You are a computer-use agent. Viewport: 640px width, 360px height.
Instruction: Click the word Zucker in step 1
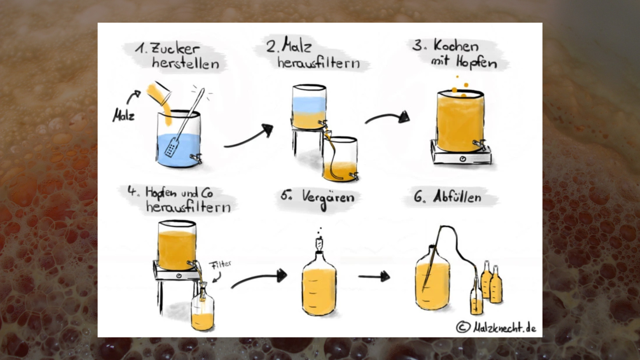tap(175, 49)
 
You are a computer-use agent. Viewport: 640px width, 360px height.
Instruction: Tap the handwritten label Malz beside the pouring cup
tap(123, 116)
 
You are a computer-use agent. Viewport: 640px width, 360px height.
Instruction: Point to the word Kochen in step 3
tap(456, 46)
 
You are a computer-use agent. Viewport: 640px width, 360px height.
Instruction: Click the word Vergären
tap(328, 198)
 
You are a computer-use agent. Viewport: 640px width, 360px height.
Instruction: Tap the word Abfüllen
tap(457, 197)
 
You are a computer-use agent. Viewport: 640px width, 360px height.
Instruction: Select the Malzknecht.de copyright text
tap(496, 328)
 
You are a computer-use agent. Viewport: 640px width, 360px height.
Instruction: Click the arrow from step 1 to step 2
tap(248, 137)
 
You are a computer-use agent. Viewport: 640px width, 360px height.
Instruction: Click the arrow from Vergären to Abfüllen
tap(374, 276)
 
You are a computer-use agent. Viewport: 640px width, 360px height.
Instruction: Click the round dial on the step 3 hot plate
tap(462, 159)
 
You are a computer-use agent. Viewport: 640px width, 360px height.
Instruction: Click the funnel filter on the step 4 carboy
tap(203, 290)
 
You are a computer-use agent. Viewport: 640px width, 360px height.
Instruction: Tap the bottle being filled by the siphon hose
tap(476, 297)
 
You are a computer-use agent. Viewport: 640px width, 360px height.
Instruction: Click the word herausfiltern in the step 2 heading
tap(319, 63)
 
